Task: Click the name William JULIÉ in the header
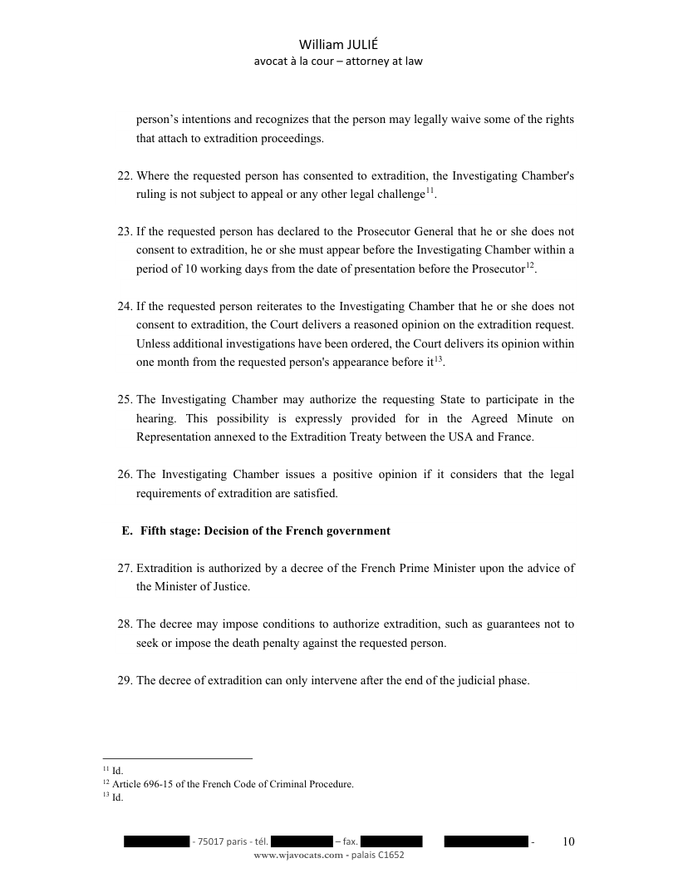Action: tap(338, 46)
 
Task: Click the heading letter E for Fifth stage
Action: tap(126, 530)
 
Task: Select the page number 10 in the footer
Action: tap(568, 841)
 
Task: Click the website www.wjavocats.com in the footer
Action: tap(297, 855)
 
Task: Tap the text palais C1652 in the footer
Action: tap(379, 855)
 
